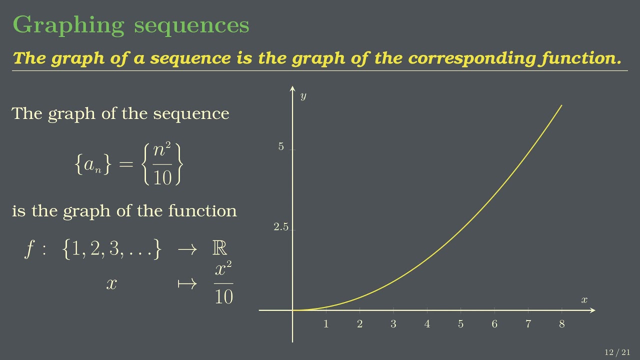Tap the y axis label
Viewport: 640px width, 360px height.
click(x=303, y=96)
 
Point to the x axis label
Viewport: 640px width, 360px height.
click(x=584, y=300)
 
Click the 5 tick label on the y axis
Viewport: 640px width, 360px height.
click(x=281, y=147)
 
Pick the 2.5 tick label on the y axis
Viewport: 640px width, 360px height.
click(x=281, y=227)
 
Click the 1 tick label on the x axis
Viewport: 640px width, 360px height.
click(x=326, y=324)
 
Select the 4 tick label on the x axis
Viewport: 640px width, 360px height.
click(x=427, y=324)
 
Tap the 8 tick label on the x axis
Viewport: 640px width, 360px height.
click(x=562, y=324)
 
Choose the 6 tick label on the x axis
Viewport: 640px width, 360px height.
click(x=494, y=324)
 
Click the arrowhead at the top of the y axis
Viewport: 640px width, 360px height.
click(x=292, y=89)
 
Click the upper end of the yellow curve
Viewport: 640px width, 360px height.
click(x=562, y=105)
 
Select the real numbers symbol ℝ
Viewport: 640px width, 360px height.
click(x=219, y=248)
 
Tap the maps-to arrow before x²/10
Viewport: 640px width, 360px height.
click(x=186, y=284)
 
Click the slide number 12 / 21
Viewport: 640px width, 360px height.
click(x=617, y=352)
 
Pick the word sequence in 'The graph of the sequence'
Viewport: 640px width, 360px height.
click(x=191, y=113)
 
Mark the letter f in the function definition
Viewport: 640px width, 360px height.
click(x=29, y=248)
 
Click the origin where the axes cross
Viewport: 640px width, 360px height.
click(x=292, y=310)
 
